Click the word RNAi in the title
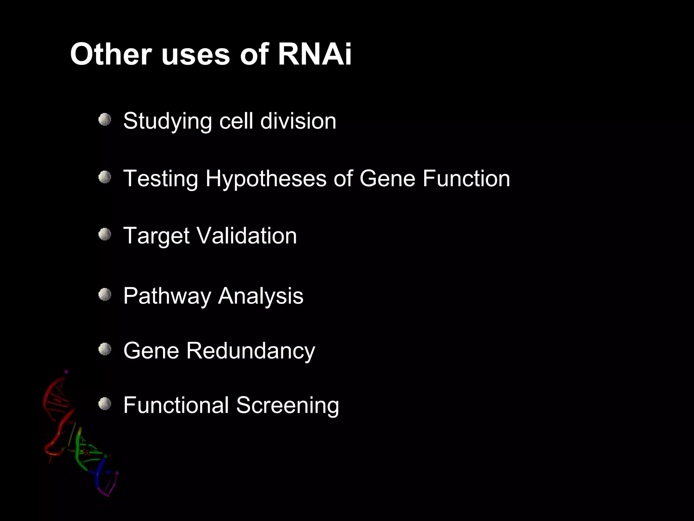(x=314, y=54)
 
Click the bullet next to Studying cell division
(x=105, y=120)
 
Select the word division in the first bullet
(x=298, y=121)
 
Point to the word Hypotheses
(x=266, y=178)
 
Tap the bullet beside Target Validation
(x=105, y=234)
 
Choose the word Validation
(x=246, y=236)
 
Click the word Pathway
(x=167, y=296)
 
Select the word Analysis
(x=261, y=296)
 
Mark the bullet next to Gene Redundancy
(x=105, y=349)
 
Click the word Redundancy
(x=250, y=351)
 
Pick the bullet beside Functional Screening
(x=105, y=404)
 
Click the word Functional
(x=176, y=405)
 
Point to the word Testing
(x=161, y=179)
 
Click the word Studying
(x=167, y=121)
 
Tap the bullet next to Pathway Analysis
(x=105, y=294)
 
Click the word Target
(x=156, y=236)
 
